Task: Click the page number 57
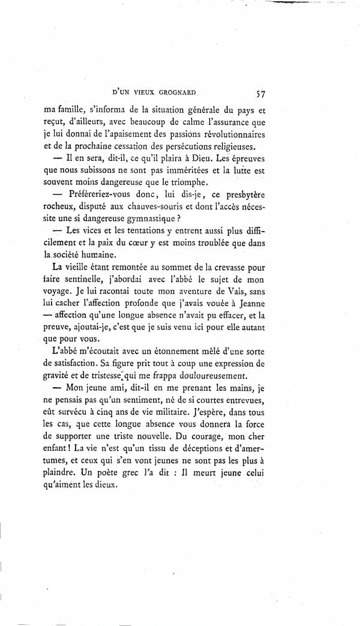[260, 93]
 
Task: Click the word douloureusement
[209, 382]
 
